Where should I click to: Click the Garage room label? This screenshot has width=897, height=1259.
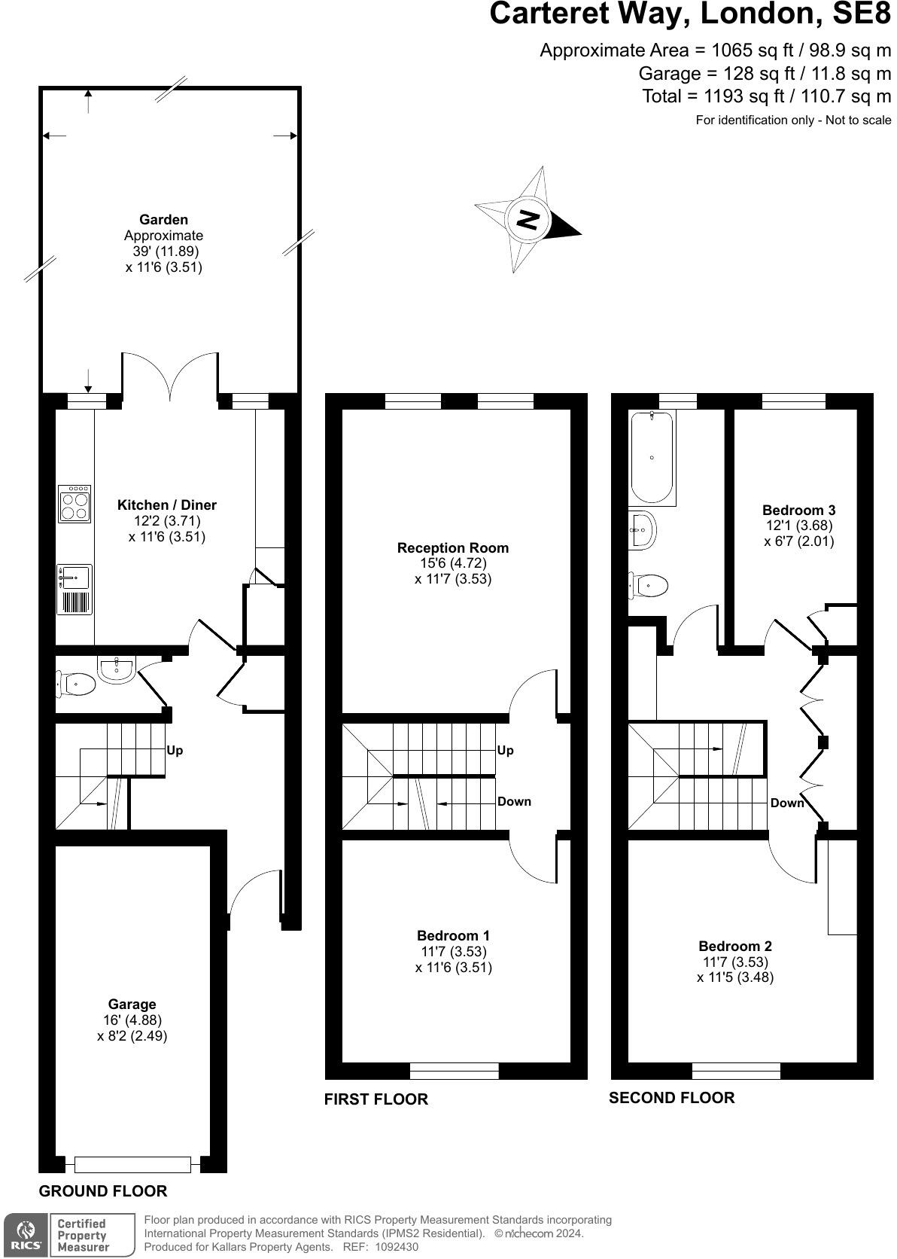click(x=132, y=1004)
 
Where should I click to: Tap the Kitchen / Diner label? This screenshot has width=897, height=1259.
click(x=167, y=505)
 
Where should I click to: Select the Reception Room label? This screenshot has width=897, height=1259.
click(x=453, y=547)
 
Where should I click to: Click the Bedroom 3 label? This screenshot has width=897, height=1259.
click(x=798, y=510)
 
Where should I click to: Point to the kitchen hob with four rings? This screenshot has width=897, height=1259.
click(x=75, y=504)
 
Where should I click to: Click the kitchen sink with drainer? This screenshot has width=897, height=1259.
click(x=74, y=589)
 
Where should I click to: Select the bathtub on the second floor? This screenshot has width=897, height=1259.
click(x=652, y=457)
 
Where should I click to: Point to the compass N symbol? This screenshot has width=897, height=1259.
click(x=528, y=220)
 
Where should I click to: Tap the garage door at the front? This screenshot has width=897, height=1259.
click(x=132, y=1164)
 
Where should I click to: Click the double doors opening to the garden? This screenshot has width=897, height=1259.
click(x=171, y=375)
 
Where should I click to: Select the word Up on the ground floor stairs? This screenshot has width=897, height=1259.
click(x=175, y=750)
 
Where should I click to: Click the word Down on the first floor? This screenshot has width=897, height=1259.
click(x=514, y=801)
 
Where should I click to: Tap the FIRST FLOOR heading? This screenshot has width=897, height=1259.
click(x=376, y=1099)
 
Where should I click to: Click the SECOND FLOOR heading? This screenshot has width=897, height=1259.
click(x=671, y=1097)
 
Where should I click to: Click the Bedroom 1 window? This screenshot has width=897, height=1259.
click(x=455, y=1070)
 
